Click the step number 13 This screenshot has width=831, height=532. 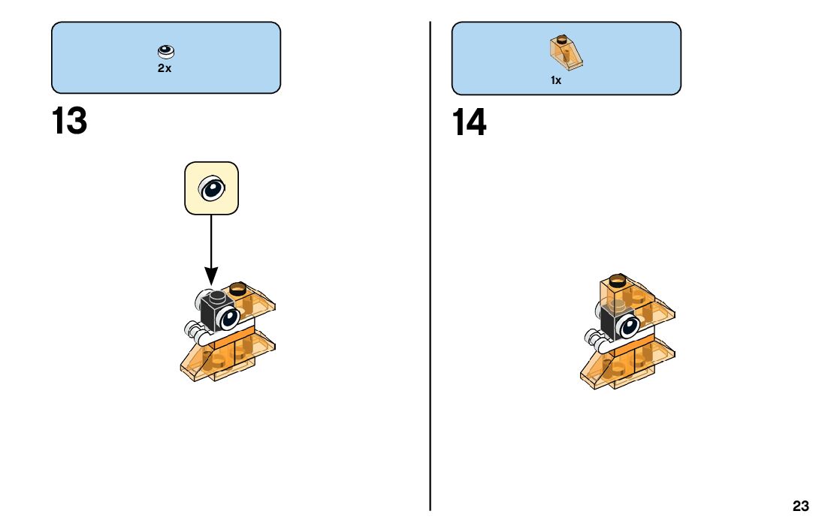pyautogui.click(x=69, y=122)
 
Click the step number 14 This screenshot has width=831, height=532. pyautogui.click(x=469, y=123)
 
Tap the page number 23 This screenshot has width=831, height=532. pyautogui.click(x=800, y=506)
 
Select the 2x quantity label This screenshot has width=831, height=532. pyautogui.click(x=165, y=68)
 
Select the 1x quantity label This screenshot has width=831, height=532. pyautogui.click(x=556, y=80)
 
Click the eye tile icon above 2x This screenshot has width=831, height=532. pyautogui.click(x=165, y=52)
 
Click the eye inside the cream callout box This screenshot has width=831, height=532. pyautogui.click(x=211, y=188)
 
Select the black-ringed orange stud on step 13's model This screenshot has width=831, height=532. pyautogui.click(x=238, y=287)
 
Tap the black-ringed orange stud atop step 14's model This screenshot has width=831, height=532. pyautogui.click(x=617, y=281)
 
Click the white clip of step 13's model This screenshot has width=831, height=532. pyautogui.click(x=194, y=329)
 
